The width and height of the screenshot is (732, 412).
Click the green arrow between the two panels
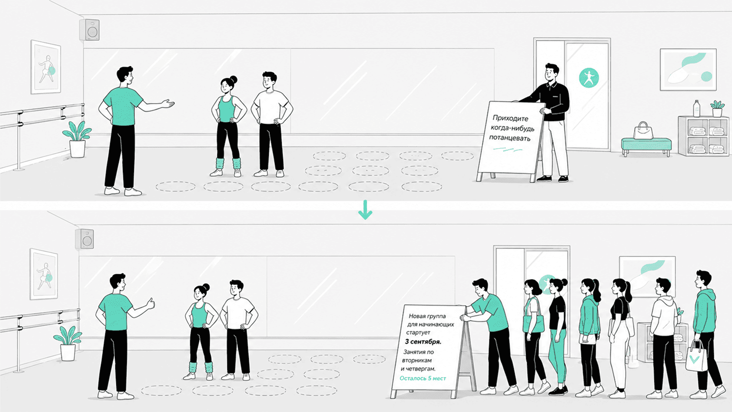[x=365, y=210]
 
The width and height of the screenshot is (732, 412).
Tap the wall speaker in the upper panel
[x=90, y=30]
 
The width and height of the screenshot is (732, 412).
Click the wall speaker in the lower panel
[x=85, y=239]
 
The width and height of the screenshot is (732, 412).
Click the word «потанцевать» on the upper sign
[x=509, y=138]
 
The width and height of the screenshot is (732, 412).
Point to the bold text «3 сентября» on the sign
[x=423, y=342]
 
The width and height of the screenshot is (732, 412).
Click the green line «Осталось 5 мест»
[x=423, y=378]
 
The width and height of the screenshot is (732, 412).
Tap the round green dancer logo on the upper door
[x=589, y=78]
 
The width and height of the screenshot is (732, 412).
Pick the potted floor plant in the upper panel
[x=77, y=139]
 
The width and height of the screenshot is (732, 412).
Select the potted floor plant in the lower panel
[x=68, y=343]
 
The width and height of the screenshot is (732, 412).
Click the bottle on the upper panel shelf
[x=697, y=109]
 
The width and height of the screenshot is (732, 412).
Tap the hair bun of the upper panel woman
[x=234, y=80]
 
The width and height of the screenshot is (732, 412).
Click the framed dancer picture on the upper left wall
[x=46, y=67]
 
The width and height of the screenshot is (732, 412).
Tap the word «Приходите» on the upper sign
[x=510, y=118]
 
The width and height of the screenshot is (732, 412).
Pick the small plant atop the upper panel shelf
[x=717, y=109]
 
